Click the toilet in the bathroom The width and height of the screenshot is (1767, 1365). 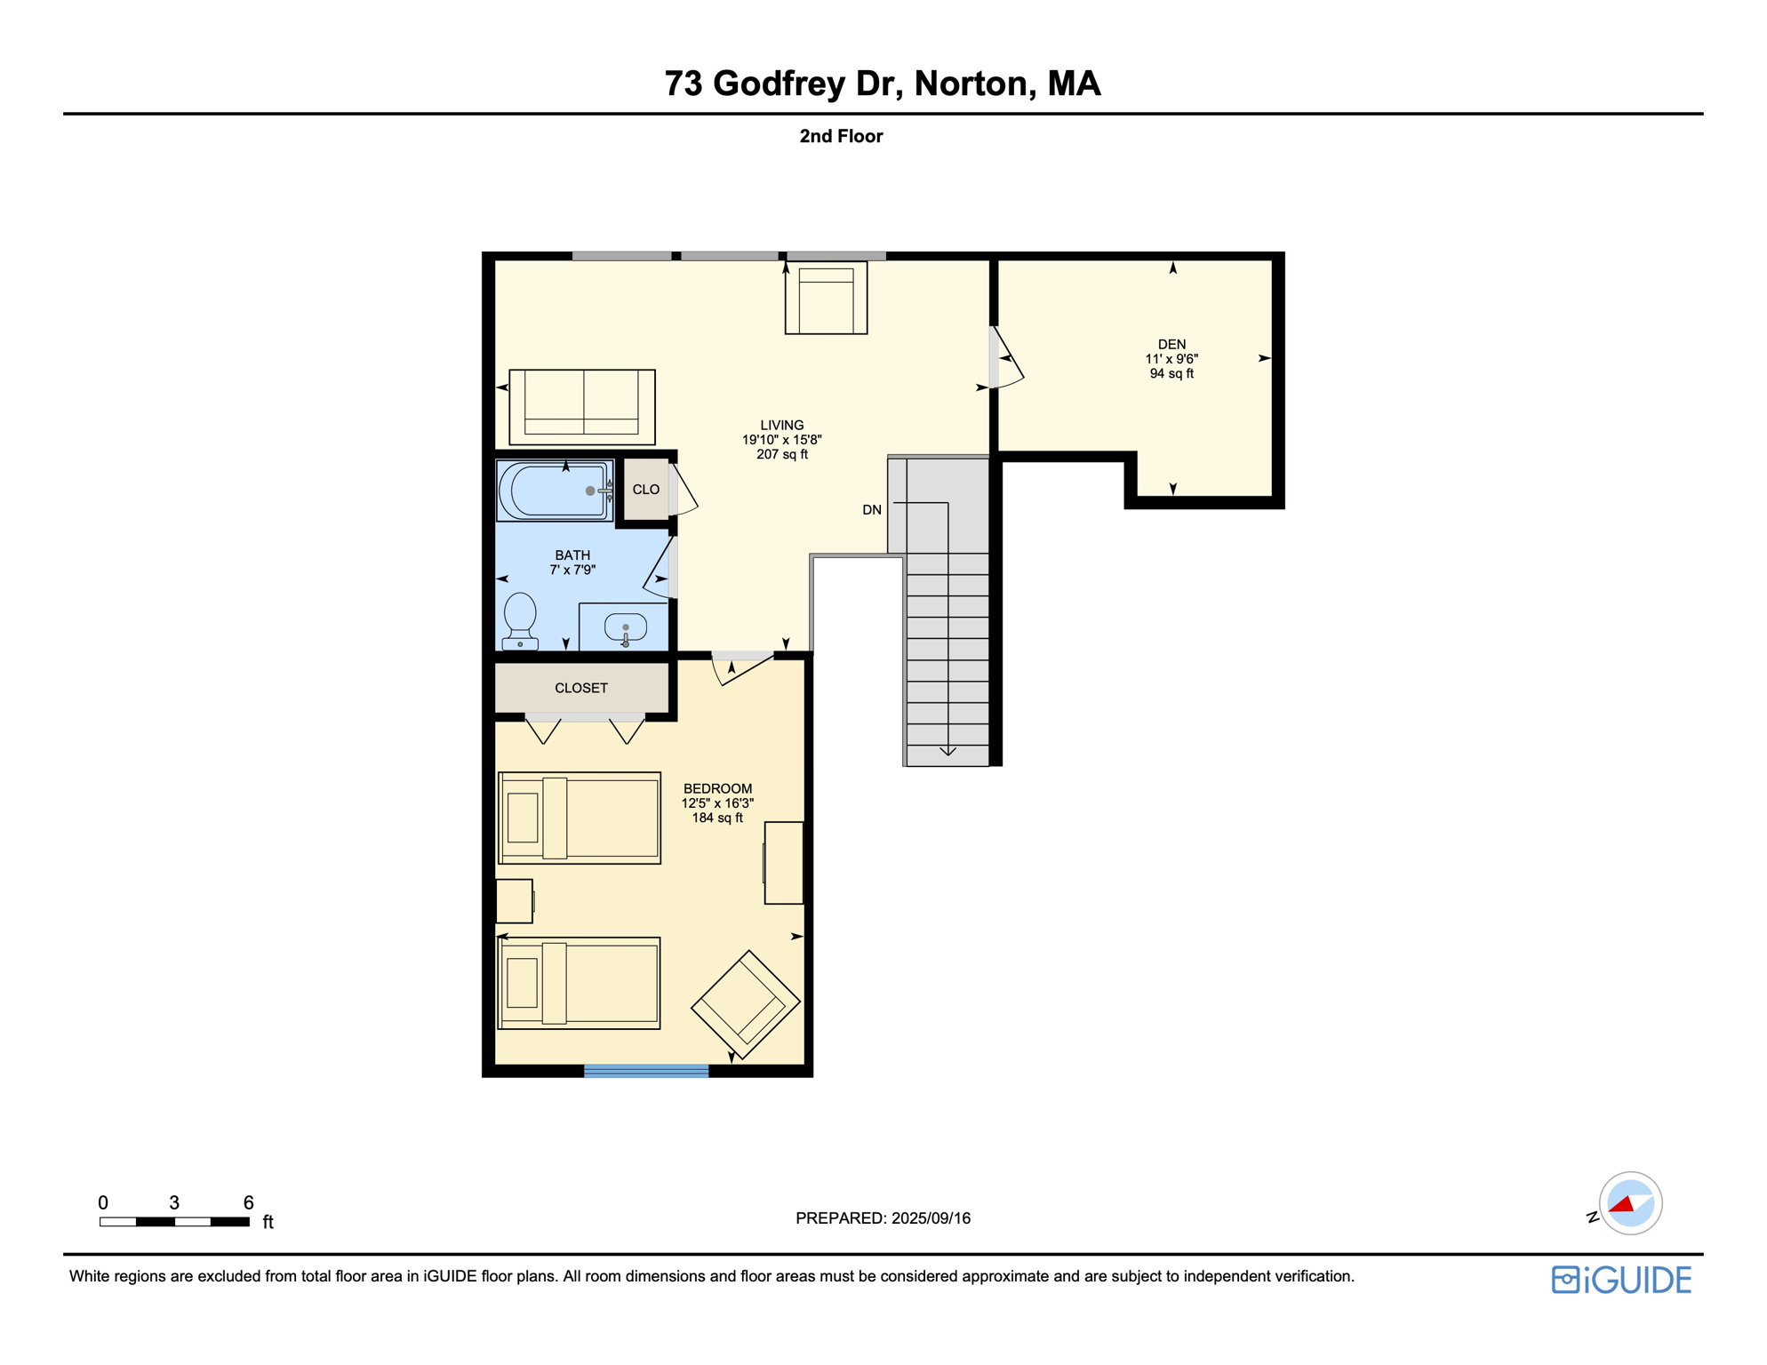tap(520, 619)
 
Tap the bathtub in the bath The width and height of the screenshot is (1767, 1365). tap(553, 490)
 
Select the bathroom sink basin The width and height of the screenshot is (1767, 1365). tap(625, 627)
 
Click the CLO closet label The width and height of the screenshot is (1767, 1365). tap(645, 490)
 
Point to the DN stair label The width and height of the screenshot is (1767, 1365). tap(871, 510)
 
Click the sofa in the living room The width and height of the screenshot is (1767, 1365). tap(581, 407)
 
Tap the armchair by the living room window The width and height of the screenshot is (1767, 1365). tap(826, 299)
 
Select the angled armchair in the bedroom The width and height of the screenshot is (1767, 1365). tap(745, 1004)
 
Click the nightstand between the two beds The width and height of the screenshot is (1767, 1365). tap(514, 901)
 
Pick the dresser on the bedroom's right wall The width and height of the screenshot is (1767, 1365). tap(784, 863)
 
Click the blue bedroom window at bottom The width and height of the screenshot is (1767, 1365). tap(646, 1071)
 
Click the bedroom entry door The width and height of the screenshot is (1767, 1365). tap(741, 668)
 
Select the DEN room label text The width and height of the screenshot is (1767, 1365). tap(1171, 344)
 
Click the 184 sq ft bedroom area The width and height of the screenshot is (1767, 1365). tap(717, 818)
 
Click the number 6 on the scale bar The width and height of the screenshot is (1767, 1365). tap(249, 1202)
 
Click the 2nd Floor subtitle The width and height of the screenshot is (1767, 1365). tap(840, 136)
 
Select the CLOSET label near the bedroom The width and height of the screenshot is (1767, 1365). tap(580, 688)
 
